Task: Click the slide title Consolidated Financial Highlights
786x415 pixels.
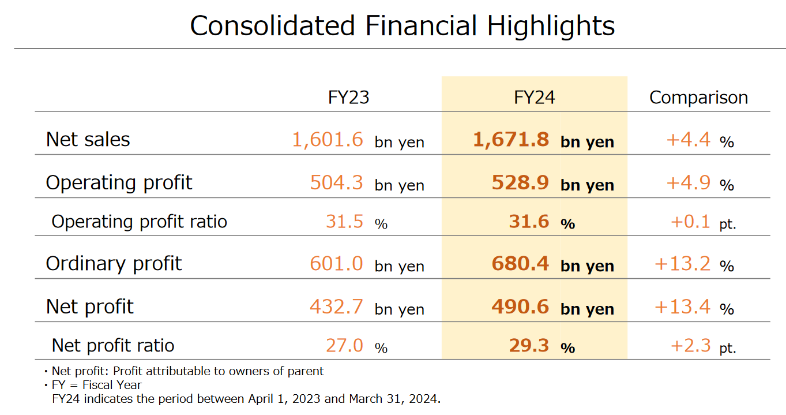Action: (402, 26)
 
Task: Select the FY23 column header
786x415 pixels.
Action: (348, 98)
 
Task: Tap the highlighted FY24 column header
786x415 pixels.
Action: (534, 98)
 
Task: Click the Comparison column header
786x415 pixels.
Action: (698, 98)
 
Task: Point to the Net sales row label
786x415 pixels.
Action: (88, 139)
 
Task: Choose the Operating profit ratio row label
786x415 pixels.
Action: (139, 222)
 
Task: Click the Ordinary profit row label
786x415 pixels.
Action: (114, 264)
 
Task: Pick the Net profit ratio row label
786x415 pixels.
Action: (113, 345)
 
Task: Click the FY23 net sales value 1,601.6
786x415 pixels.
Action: (328, 139)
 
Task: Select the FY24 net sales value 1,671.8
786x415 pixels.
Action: (511, 139)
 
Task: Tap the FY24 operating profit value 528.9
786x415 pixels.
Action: (520, 182)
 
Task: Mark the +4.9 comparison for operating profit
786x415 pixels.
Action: (689, 182)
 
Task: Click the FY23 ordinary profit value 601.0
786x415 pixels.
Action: (337, 264)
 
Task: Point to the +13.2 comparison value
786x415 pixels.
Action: (683, 264)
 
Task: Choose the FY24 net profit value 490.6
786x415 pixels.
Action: (520, 306)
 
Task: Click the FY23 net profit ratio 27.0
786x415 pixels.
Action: (344, 345)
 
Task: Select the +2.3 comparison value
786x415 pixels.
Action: (690, 345)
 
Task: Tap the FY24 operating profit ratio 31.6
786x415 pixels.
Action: (529, 222)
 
